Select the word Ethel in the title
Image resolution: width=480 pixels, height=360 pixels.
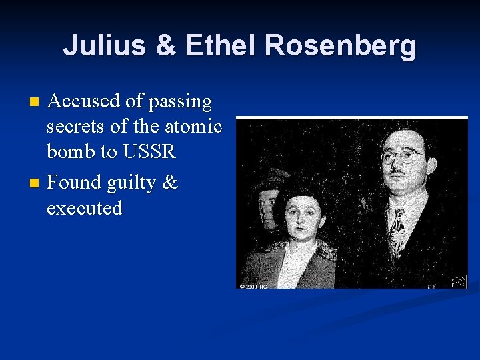pyautogui.click(x=221, y=47)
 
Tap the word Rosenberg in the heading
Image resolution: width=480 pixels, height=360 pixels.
pyautogui.click(x=341, y=47)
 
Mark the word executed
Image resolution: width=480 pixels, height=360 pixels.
pyautogui.click(x=85, y=207)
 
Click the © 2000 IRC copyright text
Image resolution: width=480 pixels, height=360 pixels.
pyautogui.click(x=253, y=286)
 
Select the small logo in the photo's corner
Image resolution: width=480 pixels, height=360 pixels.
pyautogui.click(x=454, y=281)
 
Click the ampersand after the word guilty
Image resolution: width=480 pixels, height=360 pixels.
pyautogui.click(x=171, y=182)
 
